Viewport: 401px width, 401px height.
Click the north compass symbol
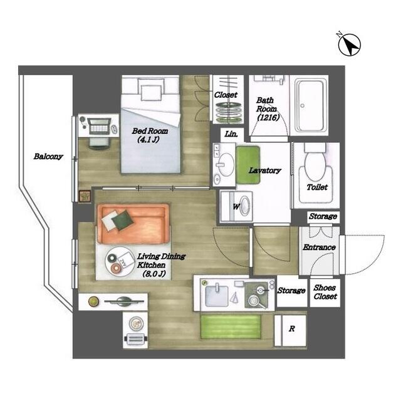pos(348,45)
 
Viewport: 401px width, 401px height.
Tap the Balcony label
pos(48,157)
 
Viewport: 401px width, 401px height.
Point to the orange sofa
pos(132,224)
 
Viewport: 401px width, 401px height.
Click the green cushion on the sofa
pos(123,219)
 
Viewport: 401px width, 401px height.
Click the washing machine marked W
pos(242,206)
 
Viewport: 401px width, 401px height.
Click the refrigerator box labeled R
pos(291,329)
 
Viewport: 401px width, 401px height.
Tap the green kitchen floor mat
pos(231,327)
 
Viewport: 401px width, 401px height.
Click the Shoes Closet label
pos(324,292)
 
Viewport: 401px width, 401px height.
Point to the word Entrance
pos(319,247)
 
